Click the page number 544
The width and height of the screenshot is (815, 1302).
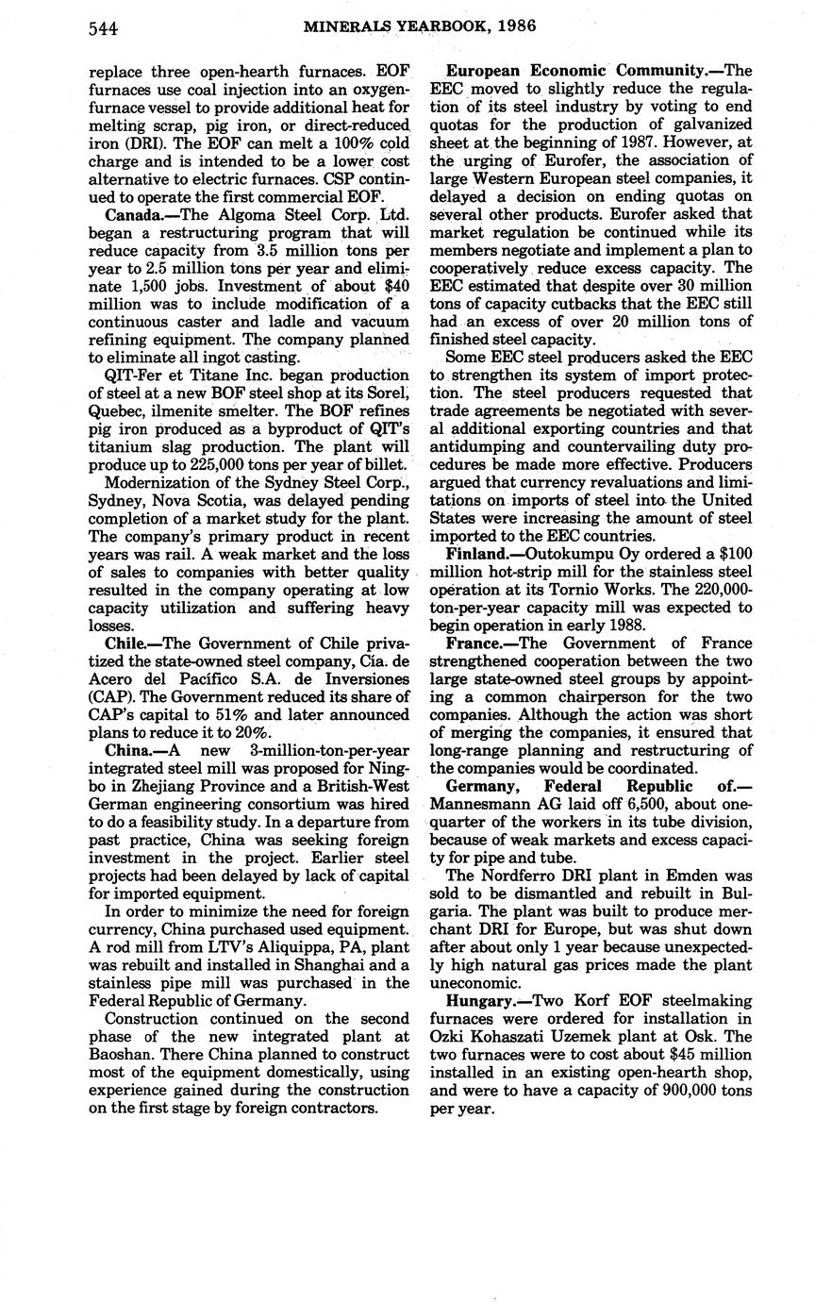coord(103,28)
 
